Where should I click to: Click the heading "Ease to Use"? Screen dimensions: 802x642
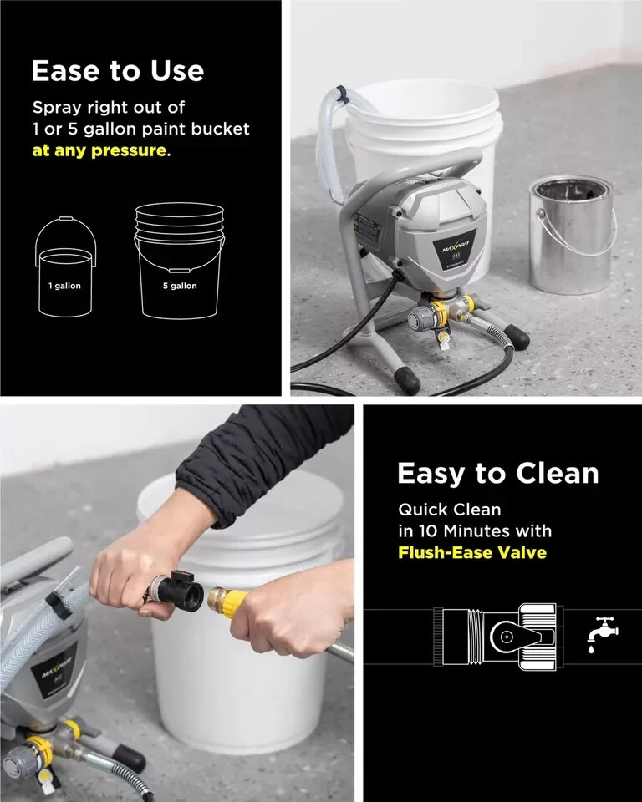tap(117, 71)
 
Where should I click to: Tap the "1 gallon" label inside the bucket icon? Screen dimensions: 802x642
tap(64, 286)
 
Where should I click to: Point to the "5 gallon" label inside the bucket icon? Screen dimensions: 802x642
tap(180, 286)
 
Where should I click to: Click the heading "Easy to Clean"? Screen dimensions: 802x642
tap(497, 473)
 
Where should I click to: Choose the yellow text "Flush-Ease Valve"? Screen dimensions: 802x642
tap(471, 552)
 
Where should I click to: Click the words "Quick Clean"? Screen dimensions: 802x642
tap(449, 510)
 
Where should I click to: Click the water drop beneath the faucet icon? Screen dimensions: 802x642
tap(592, 649)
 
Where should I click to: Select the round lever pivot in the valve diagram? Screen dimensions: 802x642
tap(506, 637)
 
